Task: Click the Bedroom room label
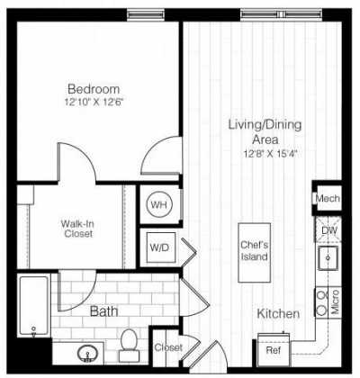pyautogui.click(x=94, y=89)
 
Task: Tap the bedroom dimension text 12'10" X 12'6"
pyautogui.click(x=94, y=102)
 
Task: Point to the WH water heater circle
pyautogui.click(x=158, y=205)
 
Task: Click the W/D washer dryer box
pyautogui.click(x=158, y=246)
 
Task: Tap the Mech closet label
pyautogui.click(x=326, y=199)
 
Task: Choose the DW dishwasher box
pyautogui.click(x=328, y=232)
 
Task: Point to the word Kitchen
pyautogui.click(x=278, y=314)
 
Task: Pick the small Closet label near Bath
pyautogui.click(x=167, y=347)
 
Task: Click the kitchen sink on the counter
pyautogui.click(x=328, y=262)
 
